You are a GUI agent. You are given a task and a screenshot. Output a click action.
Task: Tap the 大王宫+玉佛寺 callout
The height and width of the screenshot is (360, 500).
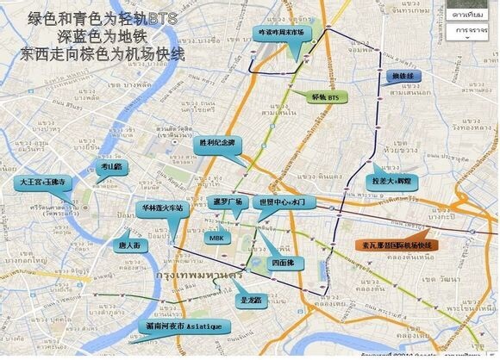[41, 183]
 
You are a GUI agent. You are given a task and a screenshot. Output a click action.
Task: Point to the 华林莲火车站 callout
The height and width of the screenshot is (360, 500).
[161, 208]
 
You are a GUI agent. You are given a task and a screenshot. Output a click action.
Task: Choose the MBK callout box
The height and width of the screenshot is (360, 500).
[216, 238]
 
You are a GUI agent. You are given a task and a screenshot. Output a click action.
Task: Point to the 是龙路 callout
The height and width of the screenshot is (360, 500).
[248, 301]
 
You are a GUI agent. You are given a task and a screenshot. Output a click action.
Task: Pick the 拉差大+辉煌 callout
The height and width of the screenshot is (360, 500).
[396, 182]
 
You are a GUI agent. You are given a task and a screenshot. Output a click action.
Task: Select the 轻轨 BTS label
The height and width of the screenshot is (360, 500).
[322, 97]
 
